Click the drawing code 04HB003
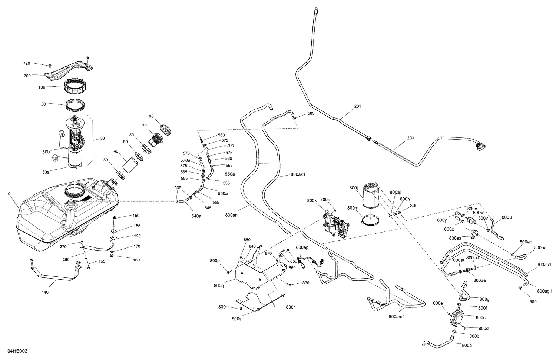(17, 351)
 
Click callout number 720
(27, 63)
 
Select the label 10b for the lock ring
(42, 87)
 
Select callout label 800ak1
(298, 174)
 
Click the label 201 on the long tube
(357, 106)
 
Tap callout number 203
(411, 138)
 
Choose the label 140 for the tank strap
(45, 292)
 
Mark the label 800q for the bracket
(219, 286)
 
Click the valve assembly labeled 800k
(335, 226)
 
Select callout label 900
(533, 302)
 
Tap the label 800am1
(397, 317)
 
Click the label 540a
(196, 216)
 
